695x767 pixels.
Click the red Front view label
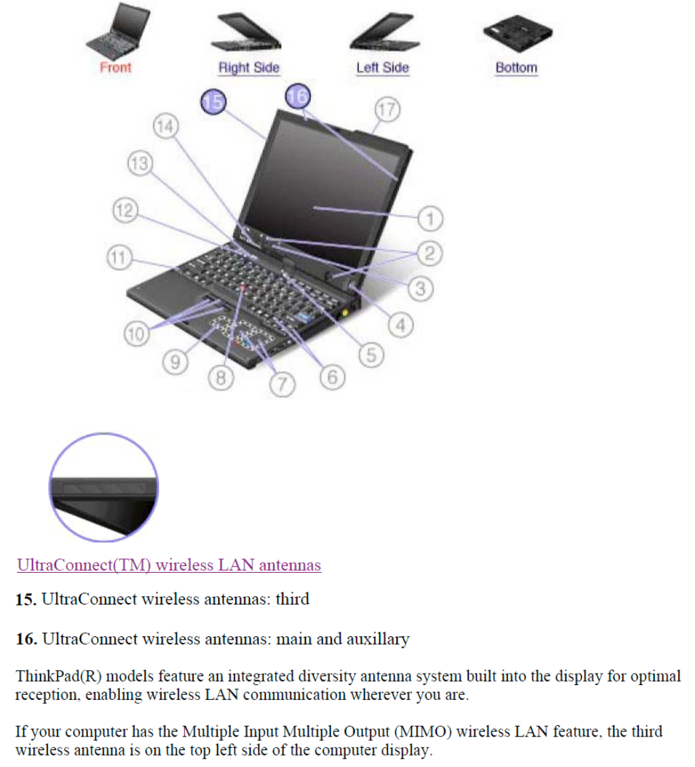pos(115,68)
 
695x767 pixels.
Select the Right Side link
pos(249,68)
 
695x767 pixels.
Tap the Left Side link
pos(382,68)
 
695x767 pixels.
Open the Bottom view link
pos(516,68)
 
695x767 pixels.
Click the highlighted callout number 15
pos(213,102)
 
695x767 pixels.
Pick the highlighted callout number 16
pos(297,95)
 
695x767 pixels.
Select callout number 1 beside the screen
pos(429,219)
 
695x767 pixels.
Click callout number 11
pos(119,258)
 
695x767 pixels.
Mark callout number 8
pos(219,378)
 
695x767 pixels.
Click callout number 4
pos(401,326)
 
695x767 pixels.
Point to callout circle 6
pos(331,377)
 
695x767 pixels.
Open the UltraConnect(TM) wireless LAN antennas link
pos(169,565)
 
